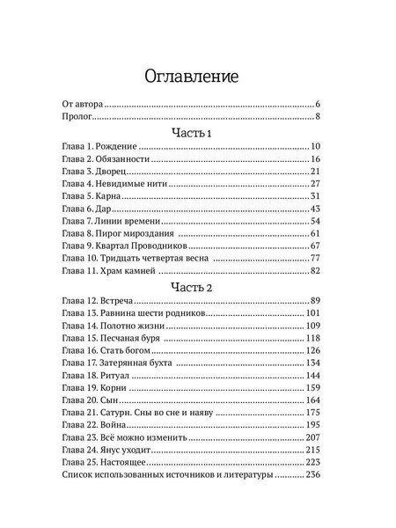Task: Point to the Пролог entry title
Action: pos(77,115)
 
